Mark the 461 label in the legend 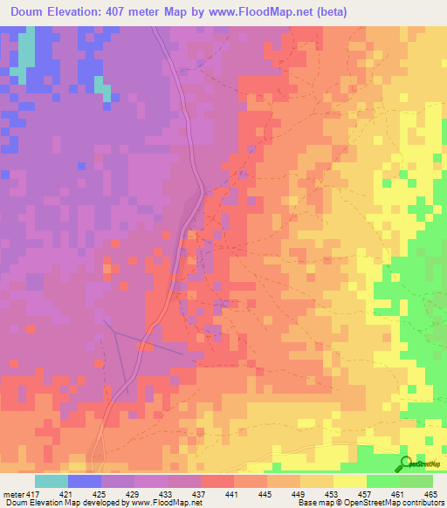point(398,493)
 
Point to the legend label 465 point(431,493)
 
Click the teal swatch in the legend point(52,481)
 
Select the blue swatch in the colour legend point(85,481)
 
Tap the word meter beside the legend point(13,493)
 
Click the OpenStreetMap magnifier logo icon point(403,463)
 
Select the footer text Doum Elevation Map point(38,503)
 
